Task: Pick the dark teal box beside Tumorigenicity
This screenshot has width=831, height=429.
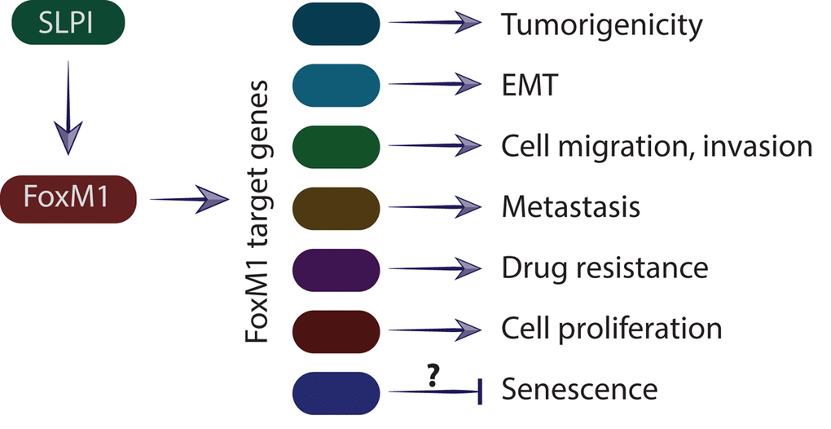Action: pos(336,24)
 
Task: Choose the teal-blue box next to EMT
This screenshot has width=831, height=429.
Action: pos(336,85)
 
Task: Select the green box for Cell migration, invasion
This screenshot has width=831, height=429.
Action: pos(336,146)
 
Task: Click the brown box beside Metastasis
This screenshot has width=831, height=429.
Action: pos(336,207)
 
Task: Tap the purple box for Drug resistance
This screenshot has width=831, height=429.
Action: pos(336,268)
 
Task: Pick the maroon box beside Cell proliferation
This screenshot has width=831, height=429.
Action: pos(336,329)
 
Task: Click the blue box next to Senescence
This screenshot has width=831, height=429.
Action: pos(336,390)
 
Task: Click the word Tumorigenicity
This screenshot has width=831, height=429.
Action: pos(601,26)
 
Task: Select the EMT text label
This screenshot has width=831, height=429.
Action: pos(530,85)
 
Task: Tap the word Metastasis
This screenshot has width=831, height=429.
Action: pos(570,207)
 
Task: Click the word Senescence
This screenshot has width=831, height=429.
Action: pos(579,390)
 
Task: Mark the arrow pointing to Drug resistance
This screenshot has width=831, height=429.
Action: pos(437,268)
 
